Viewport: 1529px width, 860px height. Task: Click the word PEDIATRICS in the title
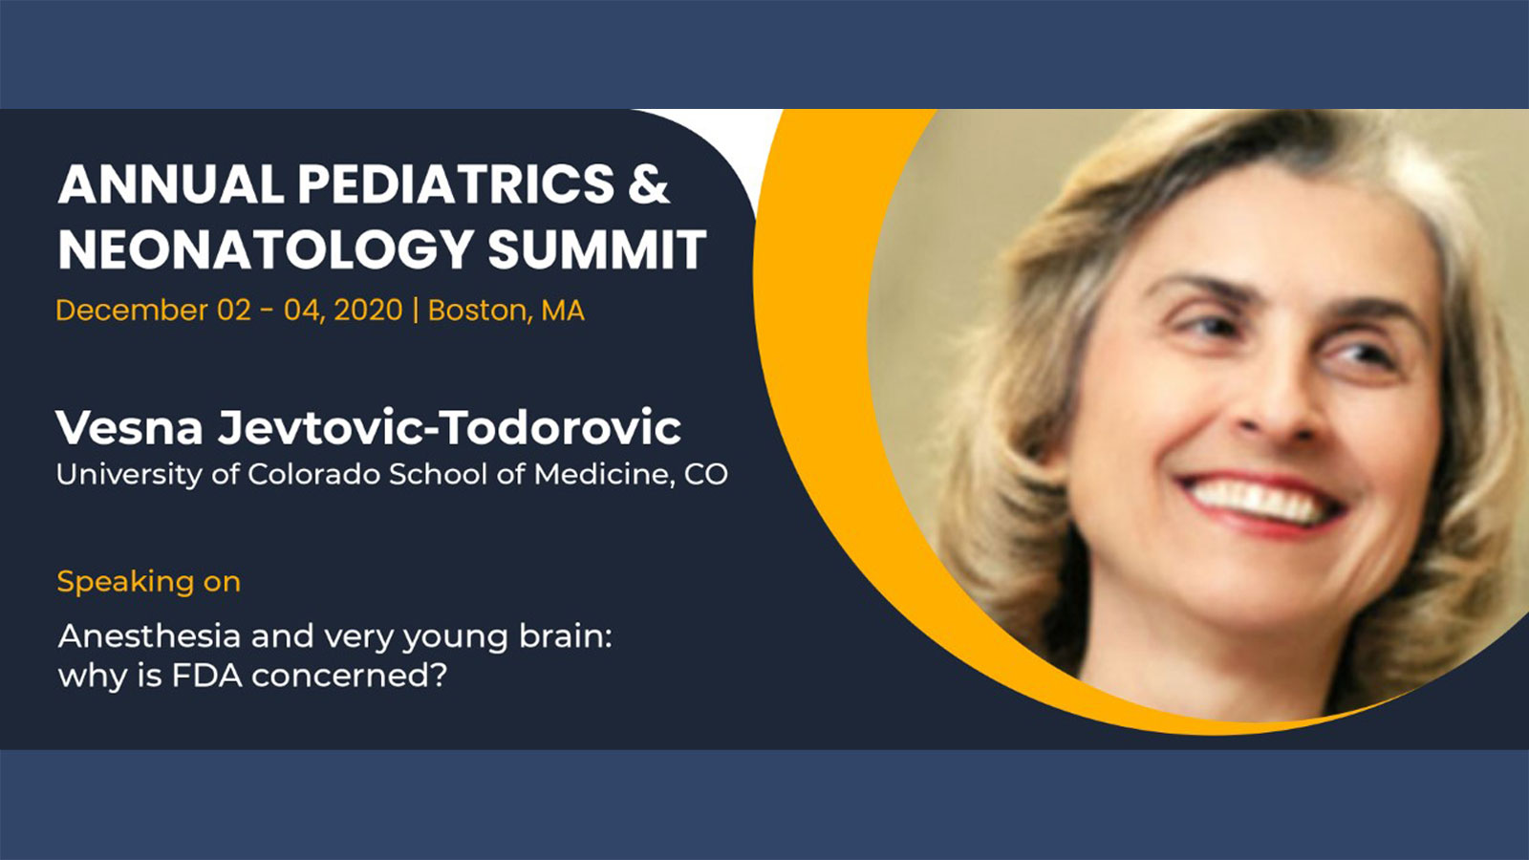[x=456, y=184]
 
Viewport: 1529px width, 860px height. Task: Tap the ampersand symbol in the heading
[x=649, y=184]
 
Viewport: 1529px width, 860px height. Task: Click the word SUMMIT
[x=597, y=249]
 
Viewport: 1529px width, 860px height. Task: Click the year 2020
[x=368, y=311]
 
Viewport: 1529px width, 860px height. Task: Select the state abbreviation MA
[x=563, y=311]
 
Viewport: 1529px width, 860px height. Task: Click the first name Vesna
[x=129, y=428]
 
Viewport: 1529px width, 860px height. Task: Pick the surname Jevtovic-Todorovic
[x=449, y=428]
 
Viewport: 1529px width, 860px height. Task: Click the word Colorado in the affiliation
[x=313, y=474]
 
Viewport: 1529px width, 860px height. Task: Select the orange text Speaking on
[x=149, y=582]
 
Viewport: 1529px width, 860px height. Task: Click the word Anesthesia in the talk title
[x=149, y=636]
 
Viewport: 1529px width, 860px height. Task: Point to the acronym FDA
[x=206, y=676]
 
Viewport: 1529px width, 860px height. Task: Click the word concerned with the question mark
[x=350, y=676]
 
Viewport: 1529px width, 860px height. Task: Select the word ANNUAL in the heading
[x=171, y=184]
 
